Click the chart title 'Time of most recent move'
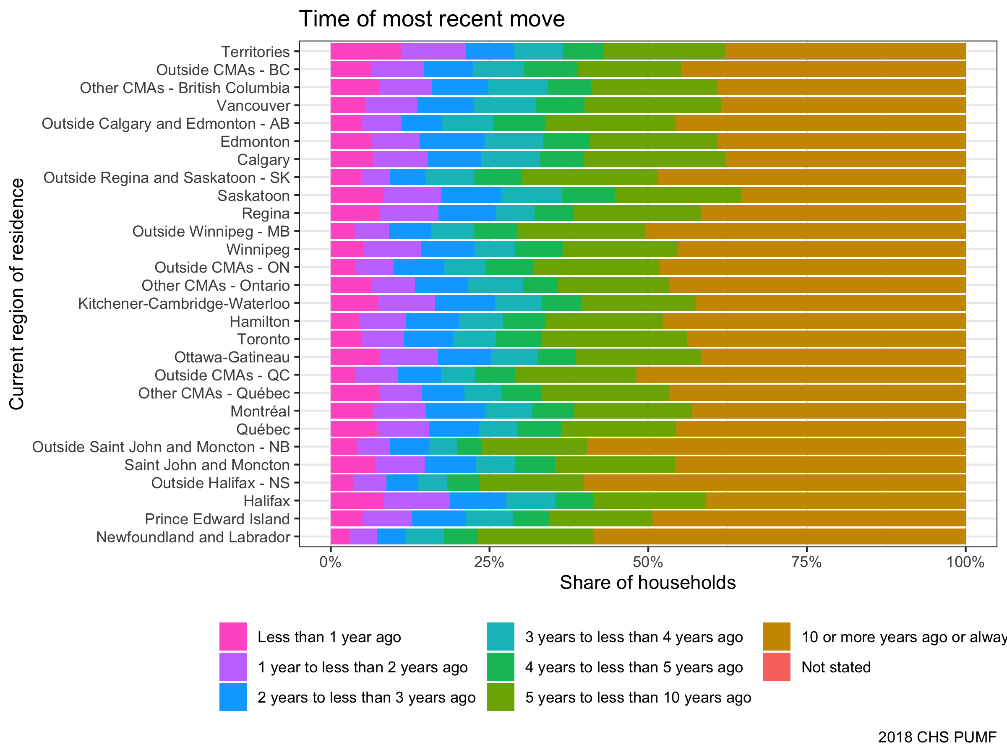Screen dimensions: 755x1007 [432, 19]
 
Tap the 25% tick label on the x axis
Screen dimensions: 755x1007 [489, 562]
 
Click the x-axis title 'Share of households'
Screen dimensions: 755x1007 [647, 583]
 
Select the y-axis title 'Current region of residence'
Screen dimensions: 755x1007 [17, 294]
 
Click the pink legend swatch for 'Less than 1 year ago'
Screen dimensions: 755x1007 [233, 637]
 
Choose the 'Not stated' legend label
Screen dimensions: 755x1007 [836, 667]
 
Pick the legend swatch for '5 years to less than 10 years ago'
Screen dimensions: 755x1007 [500, 697]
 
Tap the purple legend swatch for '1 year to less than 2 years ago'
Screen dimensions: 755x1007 [233, 667]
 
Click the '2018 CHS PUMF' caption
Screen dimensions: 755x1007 [937, 737]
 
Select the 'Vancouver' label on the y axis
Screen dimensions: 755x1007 [253, 106]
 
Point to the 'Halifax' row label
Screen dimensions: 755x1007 [266, 501]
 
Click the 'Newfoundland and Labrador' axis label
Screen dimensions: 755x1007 [193, 537]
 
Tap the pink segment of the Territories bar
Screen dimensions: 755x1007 [365, 52]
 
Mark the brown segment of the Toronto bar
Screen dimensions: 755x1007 [826, 339]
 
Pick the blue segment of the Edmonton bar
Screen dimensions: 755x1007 [451, 141]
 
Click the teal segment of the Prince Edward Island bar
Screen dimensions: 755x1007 [489, 519]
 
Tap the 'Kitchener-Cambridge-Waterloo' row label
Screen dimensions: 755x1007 [184, 304]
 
